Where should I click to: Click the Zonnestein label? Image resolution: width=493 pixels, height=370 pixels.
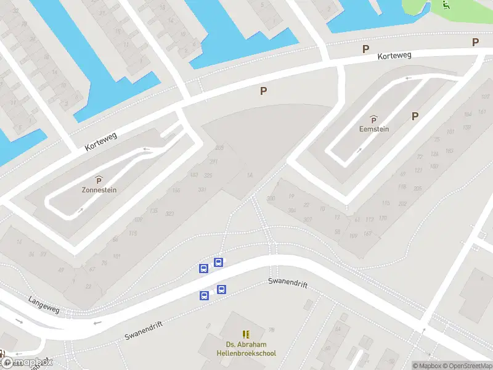tap(99, 190)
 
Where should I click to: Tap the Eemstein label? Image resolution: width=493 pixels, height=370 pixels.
tap(374, 129)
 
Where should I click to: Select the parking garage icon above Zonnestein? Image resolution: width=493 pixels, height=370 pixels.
tap(99, 179)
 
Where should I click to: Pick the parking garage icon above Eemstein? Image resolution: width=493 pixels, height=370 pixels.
tap(373, 119)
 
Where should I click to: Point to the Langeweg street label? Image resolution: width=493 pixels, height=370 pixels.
tap(44, 304)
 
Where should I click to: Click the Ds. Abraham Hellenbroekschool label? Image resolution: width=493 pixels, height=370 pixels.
tap(246, 349)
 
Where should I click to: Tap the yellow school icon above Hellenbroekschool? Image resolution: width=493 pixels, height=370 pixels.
tap(246, 334)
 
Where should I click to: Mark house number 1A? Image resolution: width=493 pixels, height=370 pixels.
tap(250, 176)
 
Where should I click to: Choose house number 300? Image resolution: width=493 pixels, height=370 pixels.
tap(271, 198)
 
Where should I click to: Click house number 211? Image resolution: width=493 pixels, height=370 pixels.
tap(214, 162)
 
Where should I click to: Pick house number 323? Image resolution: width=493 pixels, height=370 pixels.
tap(170, 213)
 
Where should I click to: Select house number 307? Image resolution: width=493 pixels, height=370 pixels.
tap(308, 220)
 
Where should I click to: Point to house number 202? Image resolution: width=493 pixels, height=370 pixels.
tap(402, 203)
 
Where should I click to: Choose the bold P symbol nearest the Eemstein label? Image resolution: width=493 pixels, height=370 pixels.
tap(415, 116)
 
